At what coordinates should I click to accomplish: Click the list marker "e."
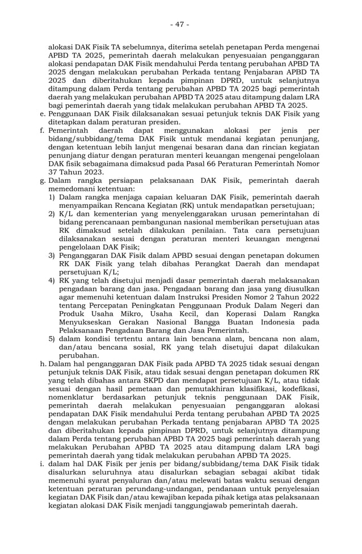[43, 114]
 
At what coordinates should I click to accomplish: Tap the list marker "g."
[43, 181]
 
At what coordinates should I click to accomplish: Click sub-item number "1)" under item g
[52, 196]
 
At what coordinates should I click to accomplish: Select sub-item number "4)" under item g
[52, 280]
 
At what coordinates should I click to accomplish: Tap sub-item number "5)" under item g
[52, 339]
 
